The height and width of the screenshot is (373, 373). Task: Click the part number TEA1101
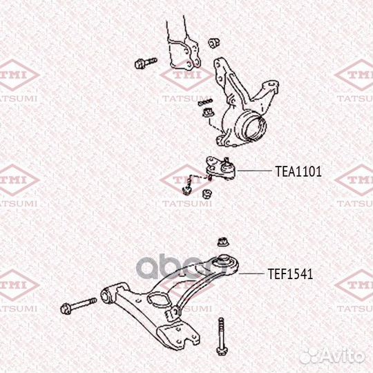point(298,170)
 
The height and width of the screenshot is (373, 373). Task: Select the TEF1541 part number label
point(290,274)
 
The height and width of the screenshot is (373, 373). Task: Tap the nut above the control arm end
point(223,242)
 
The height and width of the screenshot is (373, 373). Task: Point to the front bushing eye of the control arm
point(107,297)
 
